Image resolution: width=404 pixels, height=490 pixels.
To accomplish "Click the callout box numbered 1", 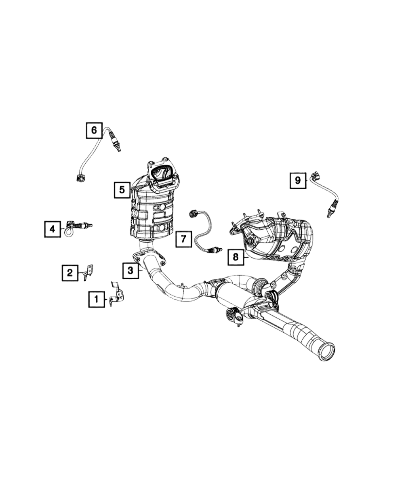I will [96, 299].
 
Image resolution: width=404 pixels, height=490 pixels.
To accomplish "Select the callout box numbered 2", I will [70, 273].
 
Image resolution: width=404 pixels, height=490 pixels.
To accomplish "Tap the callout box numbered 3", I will [130, 270].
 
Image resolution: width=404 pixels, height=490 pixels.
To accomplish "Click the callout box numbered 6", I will [94, 130].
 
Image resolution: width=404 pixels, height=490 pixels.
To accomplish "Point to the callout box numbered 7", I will [183, 239].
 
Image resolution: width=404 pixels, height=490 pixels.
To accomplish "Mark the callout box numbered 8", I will [235, 256].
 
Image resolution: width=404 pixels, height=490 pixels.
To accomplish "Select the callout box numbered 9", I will [298, 180].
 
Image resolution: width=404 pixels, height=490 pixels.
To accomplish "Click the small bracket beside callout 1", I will [117, 293].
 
